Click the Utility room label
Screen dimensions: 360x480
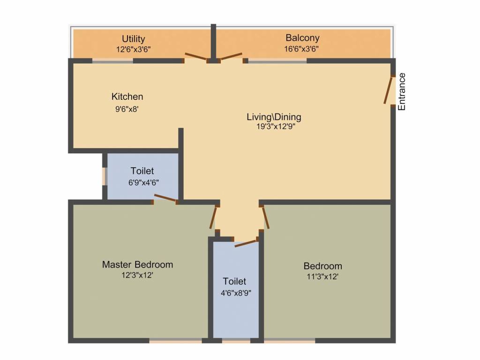point(134,39)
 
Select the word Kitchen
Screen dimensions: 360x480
point(127,97)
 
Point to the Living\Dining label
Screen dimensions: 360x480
point(274,117)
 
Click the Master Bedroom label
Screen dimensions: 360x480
point(137,265)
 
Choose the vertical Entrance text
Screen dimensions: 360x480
point(402,91)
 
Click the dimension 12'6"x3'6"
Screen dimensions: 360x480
point(134,48)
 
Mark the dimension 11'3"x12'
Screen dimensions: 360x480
point(322,277)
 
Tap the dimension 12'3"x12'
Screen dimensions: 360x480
point(137,276)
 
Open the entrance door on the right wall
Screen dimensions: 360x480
point(389,90)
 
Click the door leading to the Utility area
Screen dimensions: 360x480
point(195,57)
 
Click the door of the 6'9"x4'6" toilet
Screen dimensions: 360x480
point(165,199)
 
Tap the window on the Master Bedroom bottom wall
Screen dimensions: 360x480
point(176,340)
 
